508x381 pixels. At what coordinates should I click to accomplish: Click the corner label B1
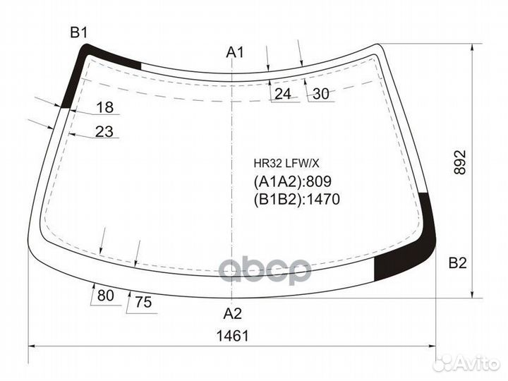pos(78,32)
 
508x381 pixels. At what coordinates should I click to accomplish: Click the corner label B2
pos(457,264)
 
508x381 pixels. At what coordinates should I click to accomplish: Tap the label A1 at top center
pos(234,52)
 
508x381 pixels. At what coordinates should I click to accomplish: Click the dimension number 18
pos(104,107)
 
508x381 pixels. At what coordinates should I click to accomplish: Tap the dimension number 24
pos(282,94)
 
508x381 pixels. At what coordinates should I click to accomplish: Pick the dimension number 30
pos(320,94)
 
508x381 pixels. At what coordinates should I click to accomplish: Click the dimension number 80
pos(105,296)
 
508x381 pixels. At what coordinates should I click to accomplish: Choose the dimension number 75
pos(143,303)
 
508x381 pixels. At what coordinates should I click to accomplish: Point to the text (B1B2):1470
pos(296,200)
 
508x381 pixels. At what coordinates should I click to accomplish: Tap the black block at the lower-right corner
pos(399,265)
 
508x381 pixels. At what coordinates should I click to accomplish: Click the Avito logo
pos(466,362)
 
